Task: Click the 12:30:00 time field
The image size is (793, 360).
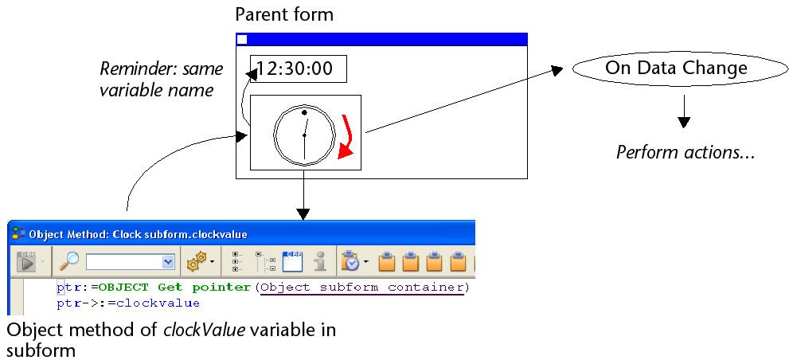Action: pos(298,68)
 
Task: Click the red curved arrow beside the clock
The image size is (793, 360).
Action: pos(345,136)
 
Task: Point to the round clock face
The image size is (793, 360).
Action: pos(304,133)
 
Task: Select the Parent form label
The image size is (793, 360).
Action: pos(284,14)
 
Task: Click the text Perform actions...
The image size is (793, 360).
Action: pos(685,151)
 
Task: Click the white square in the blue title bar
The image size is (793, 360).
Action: pos(243,39)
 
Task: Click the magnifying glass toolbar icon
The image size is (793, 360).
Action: pos(71,260)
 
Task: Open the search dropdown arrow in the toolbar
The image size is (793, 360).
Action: pos(168,261)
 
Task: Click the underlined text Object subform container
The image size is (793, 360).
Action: pos(362,287)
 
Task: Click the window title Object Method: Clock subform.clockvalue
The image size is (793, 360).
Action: pos(138,235)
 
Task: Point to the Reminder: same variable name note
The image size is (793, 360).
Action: pos(161,79)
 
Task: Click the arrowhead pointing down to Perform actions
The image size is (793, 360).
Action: pos(683,122)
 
